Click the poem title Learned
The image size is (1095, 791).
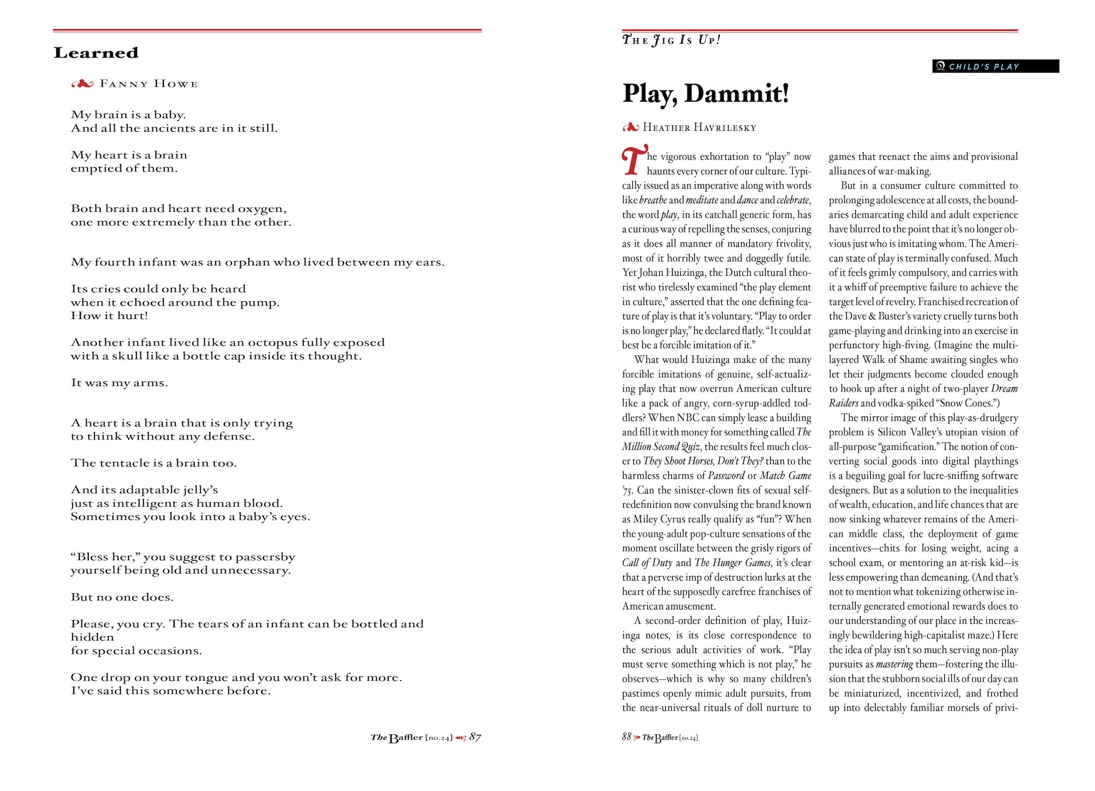click(x=96, y=53)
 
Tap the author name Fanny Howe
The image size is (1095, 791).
click(x=148, y=84)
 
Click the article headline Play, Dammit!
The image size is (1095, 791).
click(x=706, y=94)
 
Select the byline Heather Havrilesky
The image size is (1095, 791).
click(x=699, y=128)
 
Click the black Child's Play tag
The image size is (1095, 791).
click(x=995, y=67)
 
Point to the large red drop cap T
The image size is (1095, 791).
click(x=634, y=161)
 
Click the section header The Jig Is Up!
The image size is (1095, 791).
click(x=671, y=40)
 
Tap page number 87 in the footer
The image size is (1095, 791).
click(x=475, y=737)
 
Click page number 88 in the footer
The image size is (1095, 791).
click(x=627, y=737)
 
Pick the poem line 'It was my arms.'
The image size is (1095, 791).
click(x=120, y=383)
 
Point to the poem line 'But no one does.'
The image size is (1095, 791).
click(x=122, y=597)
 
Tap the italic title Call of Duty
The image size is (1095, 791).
click(x=647, y=563)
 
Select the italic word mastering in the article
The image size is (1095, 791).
click(x=894, y=664)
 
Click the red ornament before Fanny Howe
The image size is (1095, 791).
click(x=83, y=84)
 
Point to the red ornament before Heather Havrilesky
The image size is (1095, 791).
click(x=631, y=128)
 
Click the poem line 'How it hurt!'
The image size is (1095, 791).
click(x=109, y=316)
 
